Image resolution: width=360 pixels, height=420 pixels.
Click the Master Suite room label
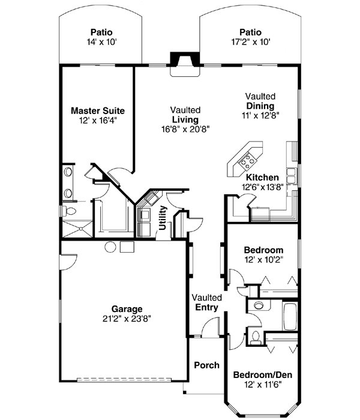point(98,111)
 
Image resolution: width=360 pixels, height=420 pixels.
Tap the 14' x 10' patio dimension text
point(101,43)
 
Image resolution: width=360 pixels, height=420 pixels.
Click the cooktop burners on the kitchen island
point(246,160)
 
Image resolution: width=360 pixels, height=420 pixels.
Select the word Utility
point(162,218)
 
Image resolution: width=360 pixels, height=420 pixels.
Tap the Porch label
point(206,365)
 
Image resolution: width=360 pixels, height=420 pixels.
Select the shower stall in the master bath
point(77,227)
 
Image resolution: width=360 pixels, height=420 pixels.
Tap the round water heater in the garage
point(110,247)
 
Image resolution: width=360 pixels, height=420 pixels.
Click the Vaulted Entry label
point(206,302)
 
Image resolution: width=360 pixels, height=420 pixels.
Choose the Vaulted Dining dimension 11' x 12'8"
point(260,115)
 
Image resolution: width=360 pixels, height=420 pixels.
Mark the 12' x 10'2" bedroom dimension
point(263,260)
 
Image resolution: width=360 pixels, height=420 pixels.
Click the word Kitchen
point(262,178)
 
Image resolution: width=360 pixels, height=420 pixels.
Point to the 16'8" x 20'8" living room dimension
point(185,129)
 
